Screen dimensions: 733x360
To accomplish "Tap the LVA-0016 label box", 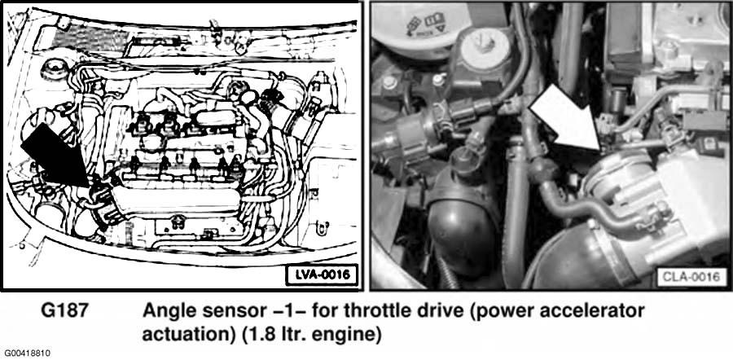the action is (321, 275).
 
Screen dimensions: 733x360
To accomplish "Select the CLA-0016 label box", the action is (691, 277).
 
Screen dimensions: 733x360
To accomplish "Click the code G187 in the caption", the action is (64, 311).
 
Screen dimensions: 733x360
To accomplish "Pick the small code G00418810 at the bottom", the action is (28, 353).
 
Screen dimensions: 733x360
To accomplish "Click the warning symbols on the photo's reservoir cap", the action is (425, 24).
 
